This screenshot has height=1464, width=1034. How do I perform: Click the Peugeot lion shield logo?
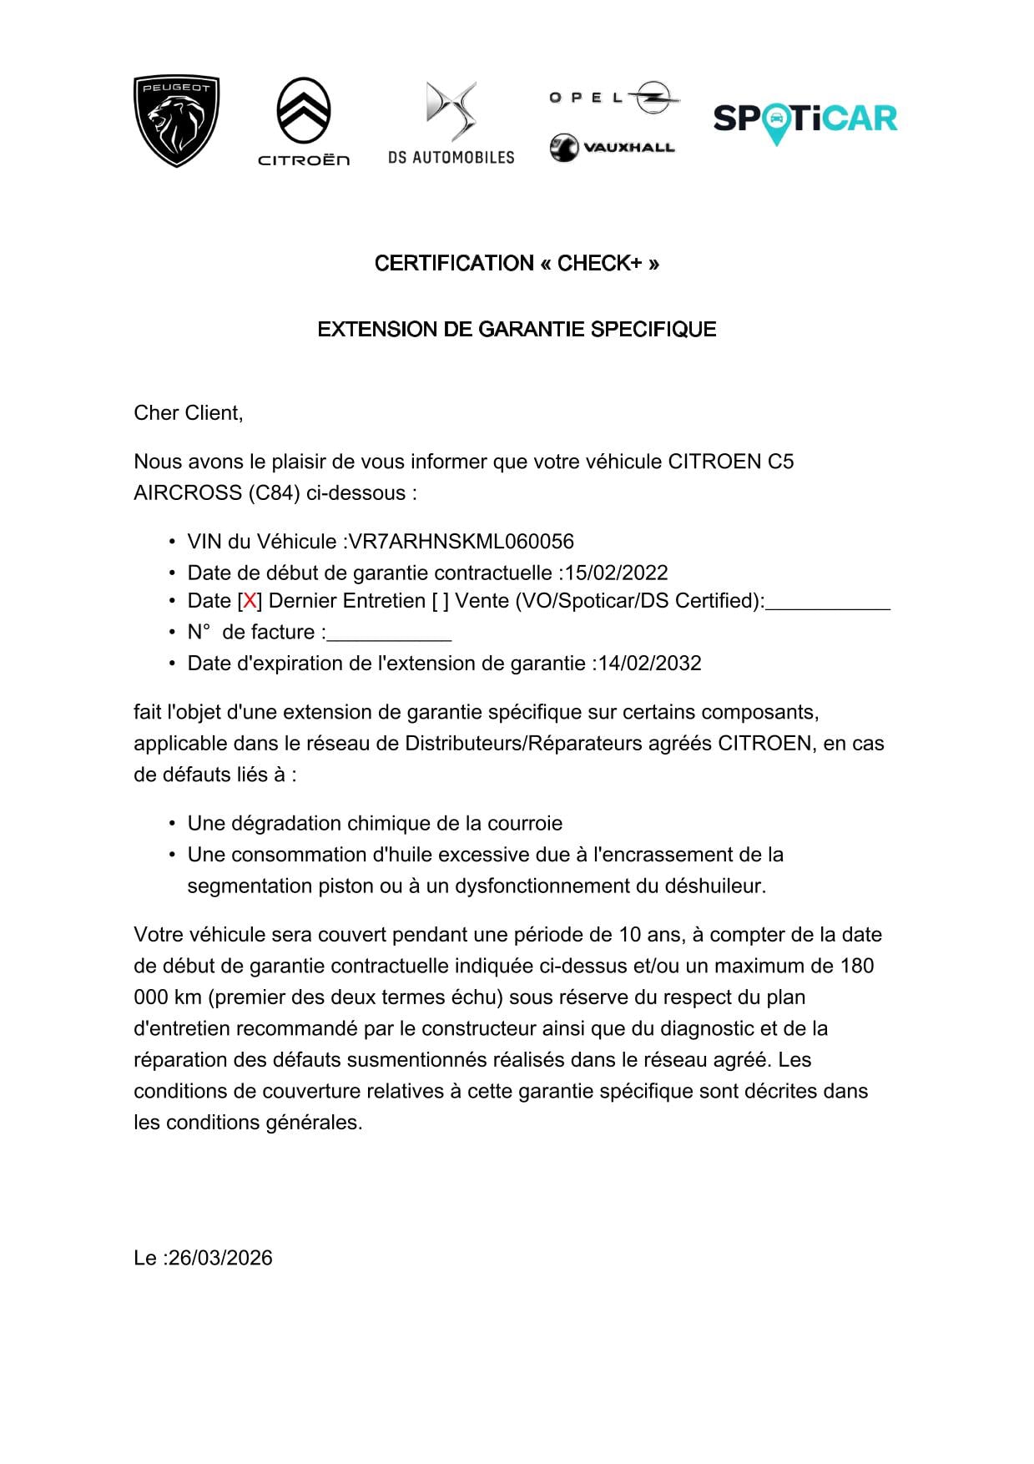pyautogui.click(x=176, y=120)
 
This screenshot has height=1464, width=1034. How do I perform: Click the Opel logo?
pyautogui.click(x=613, y=98)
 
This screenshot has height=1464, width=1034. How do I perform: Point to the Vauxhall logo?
pyautogui.click(x=612, y=148)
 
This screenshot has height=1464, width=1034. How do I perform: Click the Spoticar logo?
pyautogui.click(x=805, y=120)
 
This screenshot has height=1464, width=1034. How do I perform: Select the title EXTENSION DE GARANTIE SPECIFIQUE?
pyautogui.click(x=517, y=330)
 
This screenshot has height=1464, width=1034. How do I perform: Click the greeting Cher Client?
pyautogui.click(x=188, y=413)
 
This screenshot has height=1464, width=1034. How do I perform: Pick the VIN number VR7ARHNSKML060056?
pyautogui.click(x=461, y=542)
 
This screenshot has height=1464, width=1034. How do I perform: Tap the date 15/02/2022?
pyautogui.click(x=616, y=573)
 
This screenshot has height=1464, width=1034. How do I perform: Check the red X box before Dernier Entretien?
pyautogui.click(x=250, y=601)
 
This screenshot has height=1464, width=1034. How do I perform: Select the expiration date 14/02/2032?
pyautogui.click(x=649, y=664)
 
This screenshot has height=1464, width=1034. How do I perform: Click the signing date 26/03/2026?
pyautogui.click(x=219, y=1259)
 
